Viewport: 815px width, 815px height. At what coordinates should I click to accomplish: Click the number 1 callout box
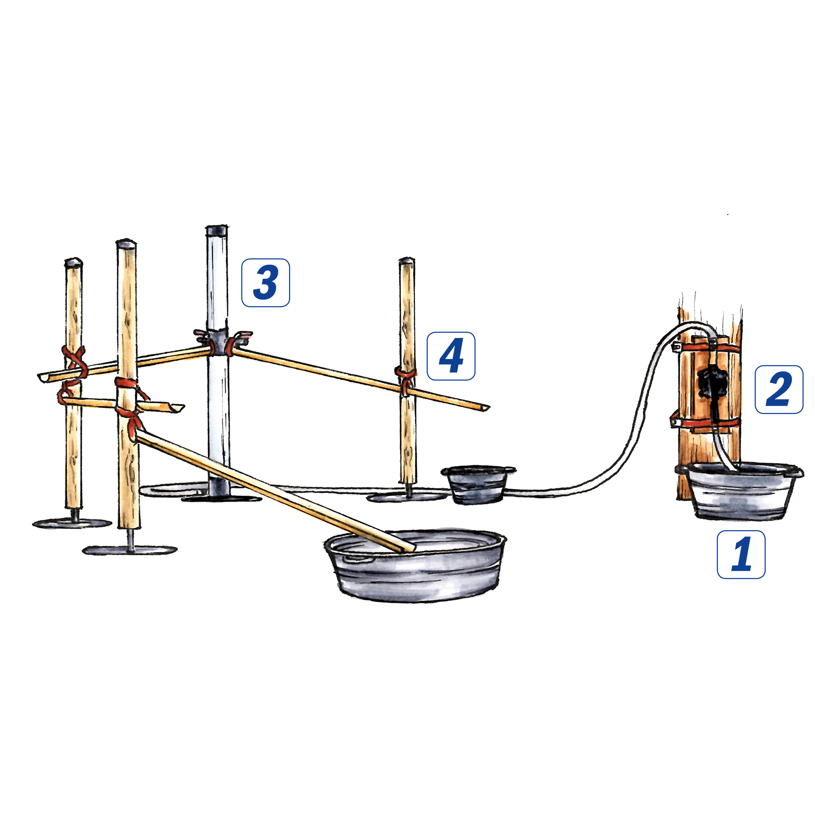pyautogui.click(x=741, y=554)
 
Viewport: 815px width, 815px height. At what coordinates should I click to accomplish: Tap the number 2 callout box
pyautogui.click(x=779, y=389)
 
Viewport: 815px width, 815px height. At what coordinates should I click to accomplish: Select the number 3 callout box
pyautogui.click(x=265, y=283)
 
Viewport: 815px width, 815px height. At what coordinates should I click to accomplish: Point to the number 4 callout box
pyautogui.click(x=451, y=356)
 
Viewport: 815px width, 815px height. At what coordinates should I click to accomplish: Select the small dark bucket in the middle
pyautogui.click(x=478, y=485)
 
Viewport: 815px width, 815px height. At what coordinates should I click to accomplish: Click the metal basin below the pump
pyautogui.click(x=740, y=491)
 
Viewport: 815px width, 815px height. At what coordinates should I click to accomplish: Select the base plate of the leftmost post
pyautogui.click(x=72, y=524)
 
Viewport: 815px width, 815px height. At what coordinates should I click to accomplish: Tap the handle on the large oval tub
pyautogui.click(x=358, y=559)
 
